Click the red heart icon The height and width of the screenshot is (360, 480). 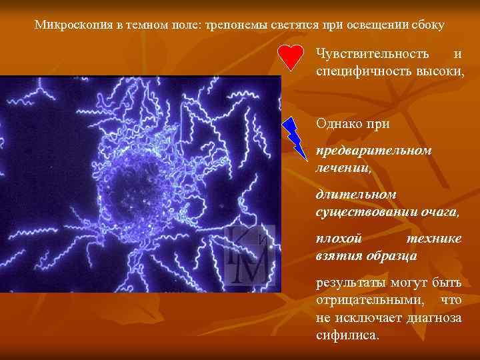pos(291,58)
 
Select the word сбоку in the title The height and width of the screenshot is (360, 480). pos(428,25)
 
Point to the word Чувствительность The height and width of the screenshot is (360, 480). pos(372,53)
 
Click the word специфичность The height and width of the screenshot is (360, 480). pos(360,69)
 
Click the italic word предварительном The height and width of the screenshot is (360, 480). pos(373,150)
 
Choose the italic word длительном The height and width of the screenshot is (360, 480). pos(356,194)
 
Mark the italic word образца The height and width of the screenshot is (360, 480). pos(389,255)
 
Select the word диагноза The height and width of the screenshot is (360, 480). pos(432,317)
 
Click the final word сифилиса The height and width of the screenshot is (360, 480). pos(347,335)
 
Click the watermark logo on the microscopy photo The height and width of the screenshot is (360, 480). pos(248,254)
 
